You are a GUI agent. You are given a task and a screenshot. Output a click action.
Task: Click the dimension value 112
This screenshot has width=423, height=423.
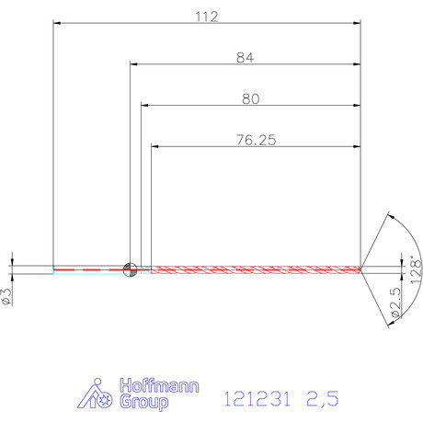tap(205, 16)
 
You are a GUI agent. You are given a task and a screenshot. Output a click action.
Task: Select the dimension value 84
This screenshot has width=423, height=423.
tap(244, 57)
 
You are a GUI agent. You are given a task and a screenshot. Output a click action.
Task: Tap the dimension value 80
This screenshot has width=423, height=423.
tap(249, 97)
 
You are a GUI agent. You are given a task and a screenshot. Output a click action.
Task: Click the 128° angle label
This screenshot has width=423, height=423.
tap(416, 273)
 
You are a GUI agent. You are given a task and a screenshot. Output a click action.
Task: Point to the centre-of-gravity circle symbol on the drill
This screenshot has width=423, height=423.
tap(130, 269)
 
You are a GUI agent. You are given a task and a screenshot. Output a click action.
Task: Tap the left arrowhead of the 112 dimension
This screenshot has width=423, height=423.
tap(56, 24)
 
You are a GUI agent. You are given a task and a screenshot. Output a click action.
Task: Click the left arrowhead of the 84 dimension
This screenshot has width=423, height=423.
tap(132, 64)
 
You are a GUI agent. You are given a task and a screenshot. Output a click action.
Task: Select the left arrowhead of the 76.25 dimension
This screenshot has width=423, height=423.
tap(154, 146)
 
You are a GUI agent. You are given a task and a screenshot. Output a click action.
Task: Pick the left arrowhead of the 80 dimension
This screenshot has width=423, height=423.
tap(143, 105)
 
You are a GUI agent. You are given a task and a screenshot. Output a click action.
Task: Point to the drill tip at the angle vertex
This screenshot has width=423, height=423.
tap(363, 269)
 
